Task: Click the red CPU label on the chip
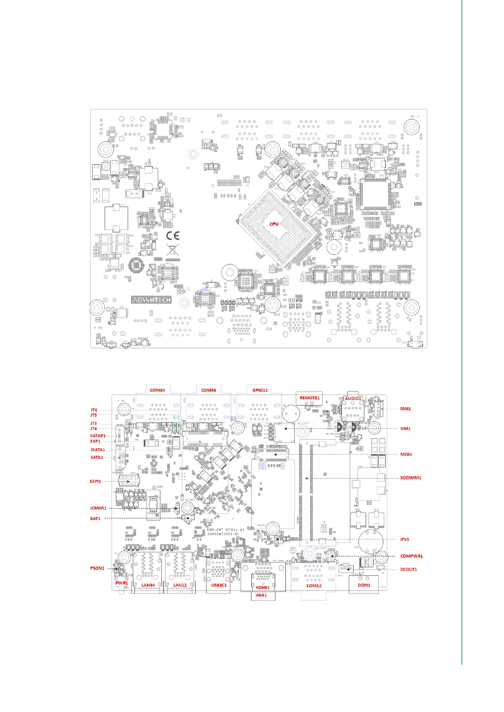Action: click(x=274, y=224)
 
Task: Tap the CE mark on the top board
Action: click(x=172, y=236)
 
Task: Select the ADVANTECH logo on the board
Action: click(x=151, y=300)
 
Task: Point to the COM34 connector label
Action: click(x=157, y=390)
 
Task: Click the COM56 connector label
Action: click(x=208, y=390)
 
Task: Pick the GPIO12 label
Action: click(x=260, y=390)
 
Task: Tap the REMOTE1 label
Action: click(x=309, y=398)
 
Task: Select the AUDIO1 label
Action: click(x=353, y=398)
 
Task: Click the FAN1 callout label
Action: click(x=405, y=409)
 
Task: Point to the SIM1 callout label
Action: click(x=405, y=429)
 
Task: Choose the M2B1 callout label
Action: click(x=406, y=455)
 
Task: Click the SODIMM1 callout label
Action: click(x=410, y=478)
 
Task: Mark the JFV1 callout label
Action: click(x=405, y=539)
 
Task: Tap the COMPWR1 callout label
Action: click(x=411, y=556)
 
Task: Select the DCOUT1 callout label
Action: click(x=408, y=570)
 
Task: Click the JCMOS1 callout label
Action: click(x=98, y=508)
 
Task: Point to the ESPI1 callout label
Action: click(x=95, y=481)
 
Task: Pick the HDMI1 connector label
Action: click(x=262, y=588)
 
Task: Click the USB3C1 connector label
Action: click(x=218, y=585)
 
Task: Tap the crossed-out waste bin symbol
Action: click(x=171, y=250)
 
